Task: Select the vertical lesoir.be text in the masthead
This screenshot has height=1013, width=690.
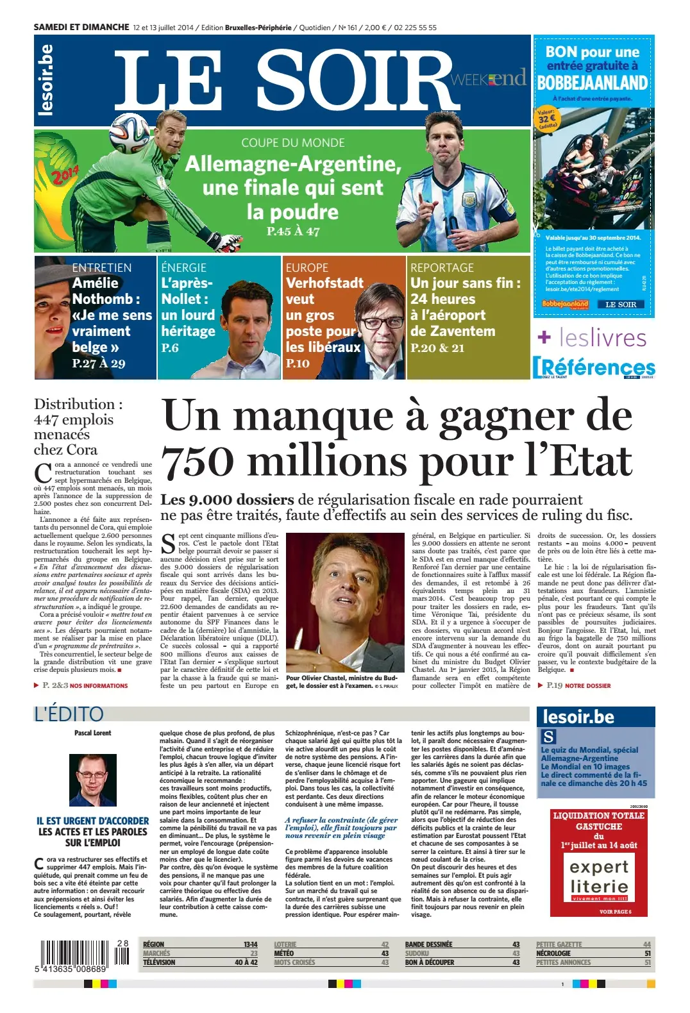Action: (x=46, y=80)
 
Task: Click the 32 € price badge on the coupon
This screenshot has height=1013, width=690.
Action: (x=547, y=119)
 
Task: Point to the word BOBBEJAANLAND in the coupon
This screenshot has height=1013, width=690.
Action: (x=592, y=83)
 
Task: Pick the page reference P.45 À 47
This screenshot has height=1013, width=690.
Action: (x=293, y=231)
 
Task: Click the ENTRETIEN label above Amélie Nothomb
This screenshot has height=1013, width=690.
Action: (x=101, y=267)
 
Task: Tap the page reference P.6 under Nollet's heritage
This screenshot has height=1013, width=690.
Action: (x=170, y=348)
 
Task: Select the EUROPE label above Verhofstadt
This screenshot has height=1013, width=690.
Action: (x=307, y=267)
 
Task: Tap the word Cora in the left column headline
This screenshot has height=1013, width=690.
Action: (x=83, y=450)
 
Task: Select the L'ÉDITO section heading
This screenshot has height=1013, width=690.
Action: (x=69, y=714)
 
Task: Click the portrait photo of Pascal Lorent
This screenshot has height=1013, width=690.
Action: (x=92, y=780)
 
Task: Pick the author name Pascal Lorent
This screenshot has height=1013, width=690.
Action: (x=92, y=733)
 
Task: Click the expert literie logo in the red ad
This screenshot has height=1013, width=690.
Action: (x=599, y=877)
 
